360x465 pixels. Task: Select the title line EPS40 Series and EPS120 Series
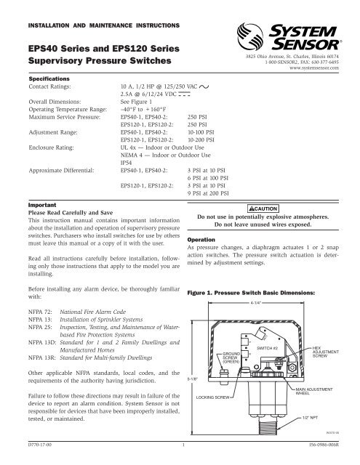click(100, 46)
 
